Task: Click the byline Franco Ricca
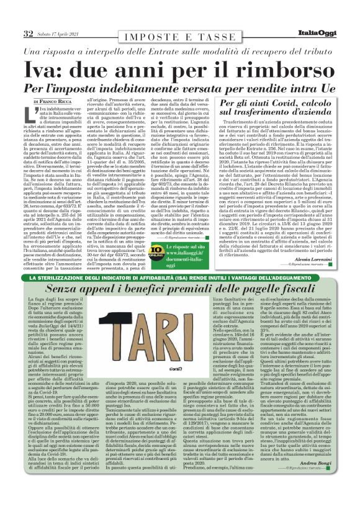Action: [x=56, y=101]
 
